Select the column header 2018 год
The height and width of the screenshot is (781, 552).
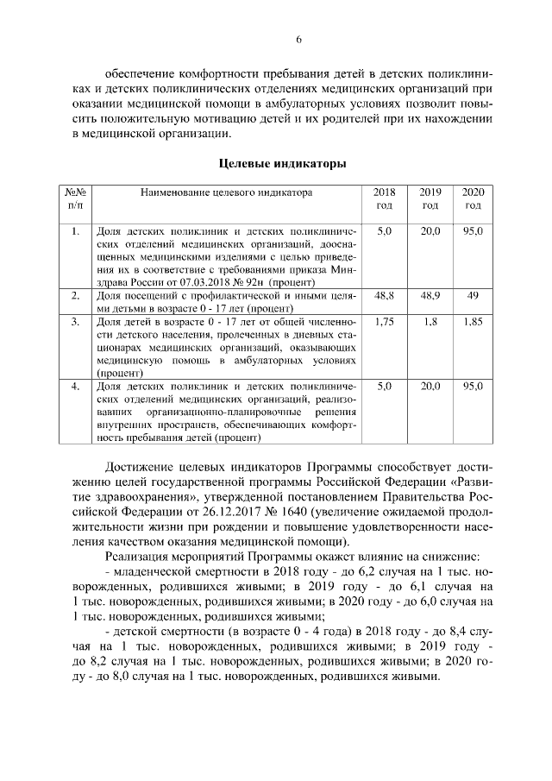(x=385, y=198)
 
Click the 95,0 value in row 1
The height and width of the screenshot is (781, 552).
(x=472, y=231)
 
